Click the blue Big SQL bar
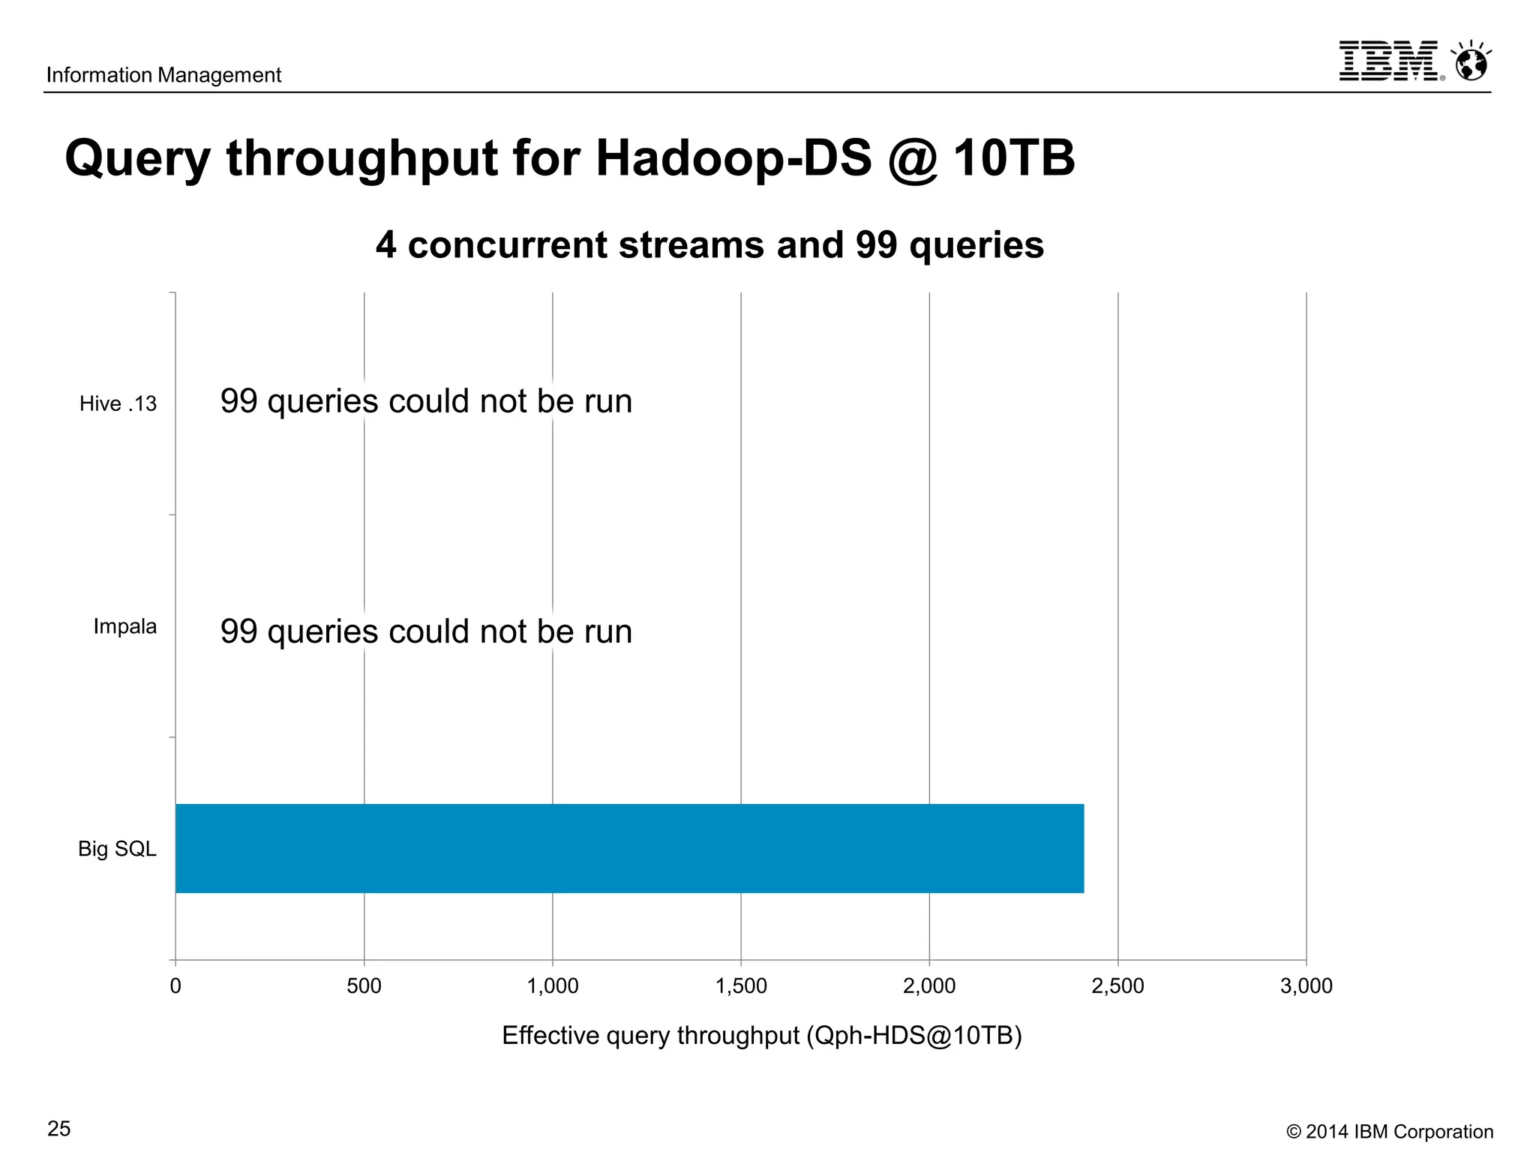(x=629, y=848)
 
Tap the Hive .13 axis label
(x=118, y=404)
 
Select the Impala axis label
(x=124, y=626)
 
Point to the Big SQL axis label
(x=117, y=849)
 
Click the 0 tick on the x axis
(x=175, y=985)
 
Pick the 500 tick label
(x=364, y=985)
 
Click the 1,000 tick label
(x=553, y=985)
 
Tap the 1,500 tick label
(x=741, y=985)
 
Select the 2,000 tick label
(x=929, y=985)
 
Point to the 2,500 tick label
(x=1117, y=985)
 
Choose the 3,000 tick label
(x=1306, y=985)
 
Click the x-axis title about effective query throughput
(x=761, y=1036)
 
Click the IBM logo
(x=1389, y=61)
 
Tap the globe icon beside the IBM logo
(x=1471, y=61)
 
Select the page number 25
(x=59, y=1129)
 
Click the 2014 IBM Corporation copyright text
(x=1389, y=1132)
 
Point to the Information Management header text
(x=163, y=75)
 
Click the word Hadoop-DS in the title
(x=733, y=159)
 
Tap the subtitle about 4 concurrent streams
(x=709, y=245)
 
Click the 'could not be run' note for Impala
(x=426, y=631)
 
